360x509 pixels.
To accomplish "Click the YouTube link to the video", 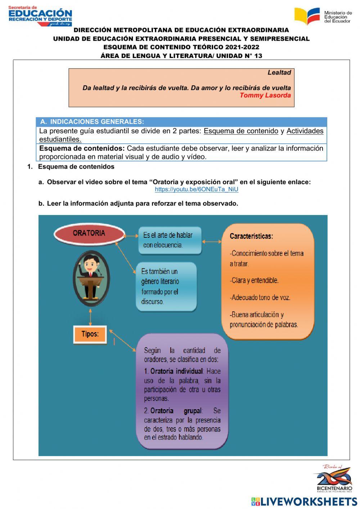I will (x=197, y=189).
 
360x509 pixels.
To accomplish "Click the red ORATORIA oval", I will (x=89, y=233).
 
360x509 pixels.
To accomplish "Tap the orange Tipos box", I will (x=90, y=334).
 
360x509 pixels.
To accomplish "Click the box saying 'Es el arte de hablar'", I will (x=170, y=240).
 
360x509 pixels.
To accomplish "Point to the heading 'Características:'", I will (x=251, y=236).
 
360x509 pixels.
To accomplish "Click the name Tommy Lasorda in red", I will (x=265, y=95).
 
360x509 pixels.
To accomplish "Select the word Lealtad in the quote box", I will (x=279, y=72).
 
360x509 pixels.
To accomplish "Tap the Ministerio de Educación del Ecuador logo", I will (x=323, y=16).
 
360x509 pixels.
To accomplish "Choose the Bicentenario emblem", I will (x=334, y=479).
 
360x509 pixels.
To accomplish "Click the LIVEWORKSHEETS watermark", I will (x=304, y=501).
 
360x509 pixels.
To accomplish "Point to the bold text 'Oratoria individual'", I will (x=176, y=371).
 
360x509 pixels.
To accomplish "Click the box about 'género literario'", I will (x=166, y=286).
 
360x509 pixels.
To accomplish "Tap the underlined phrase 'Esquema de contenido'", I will (x=241, y=131).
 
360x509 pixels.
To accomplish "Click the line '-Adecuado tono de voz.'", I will (x=261, y=298).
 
